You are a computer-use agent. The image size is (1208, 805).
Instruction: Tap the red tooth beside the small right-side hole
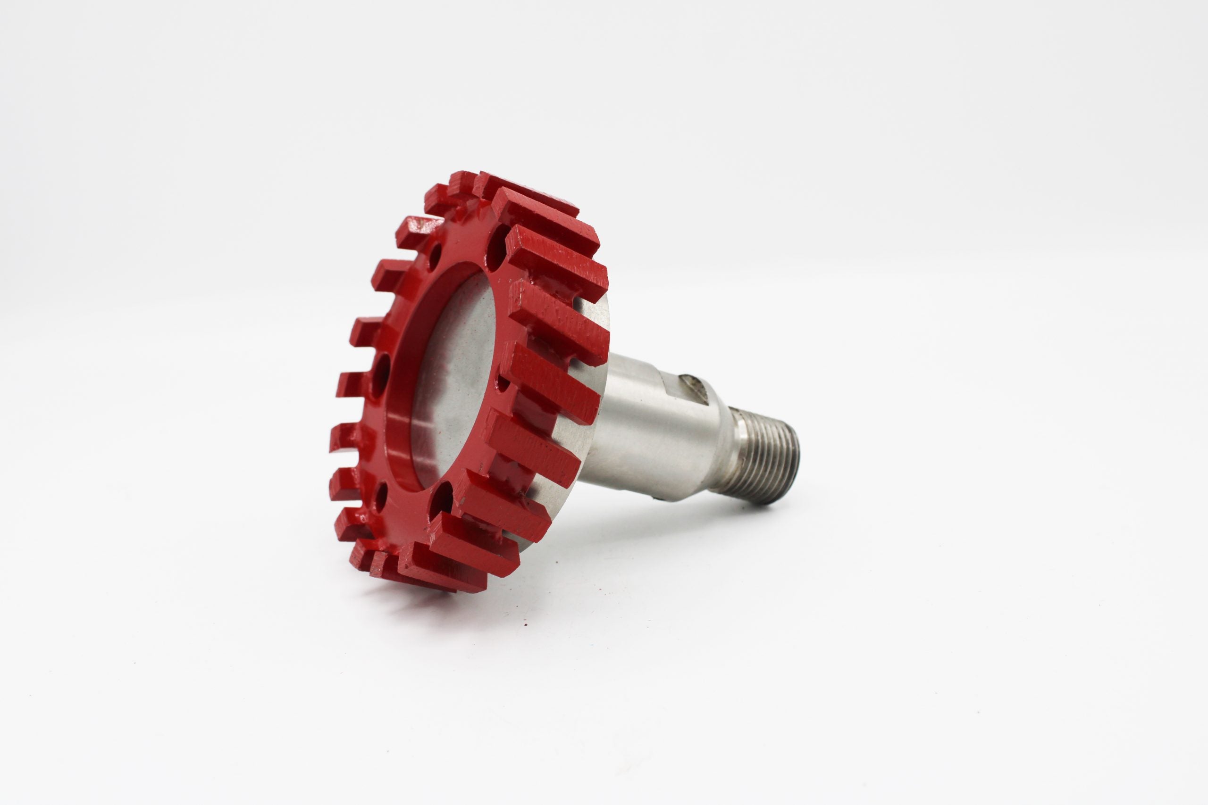(550, 380)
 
